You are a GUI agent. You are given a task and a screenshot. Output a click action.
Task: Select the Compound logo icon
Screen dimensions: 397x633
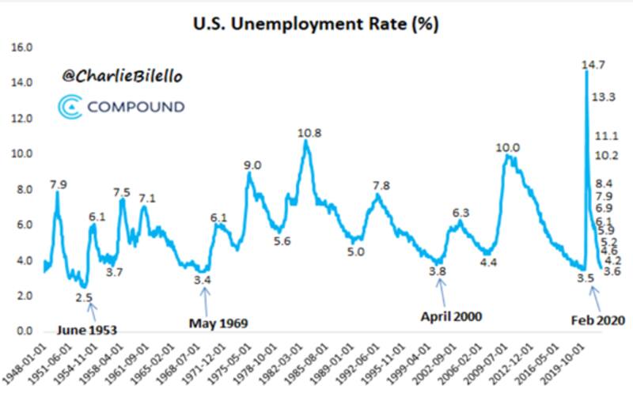[71, 106]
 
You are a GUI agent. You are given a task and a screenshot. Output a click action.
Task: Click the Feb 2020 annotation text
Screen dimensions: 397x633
[597, 320]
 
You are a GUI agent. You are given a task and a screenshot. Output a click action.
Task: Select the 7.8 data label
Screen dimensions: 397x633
[381, 186]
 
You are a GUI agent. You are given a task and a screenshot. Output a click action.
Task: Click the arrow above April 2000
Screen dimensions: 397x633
[441, 295]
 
